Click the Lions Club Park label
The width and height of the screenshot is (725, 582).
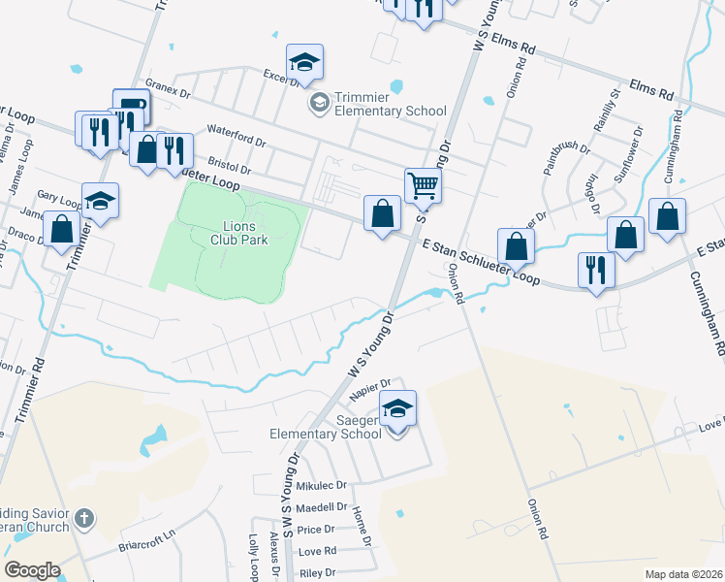click(233, 234)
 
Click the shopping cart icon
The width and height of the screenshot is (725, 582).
click(423, 185)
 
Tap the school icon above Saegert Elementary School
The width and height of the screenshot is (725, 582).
click(396, 407)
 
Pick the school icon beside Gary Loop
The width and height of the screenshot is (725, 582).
click(100, 201)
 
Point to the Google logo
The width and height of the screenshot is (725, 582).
click(32, 570)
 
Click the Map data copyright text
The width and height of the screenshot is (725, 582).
click(683, 574)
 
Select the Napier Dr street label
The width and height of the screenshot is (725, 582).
click(371, 386)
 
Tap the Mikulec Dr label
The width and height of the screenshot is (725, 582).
click(322, 484)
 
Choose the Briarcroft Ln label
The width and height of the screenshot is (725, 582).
click(151, 533)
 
